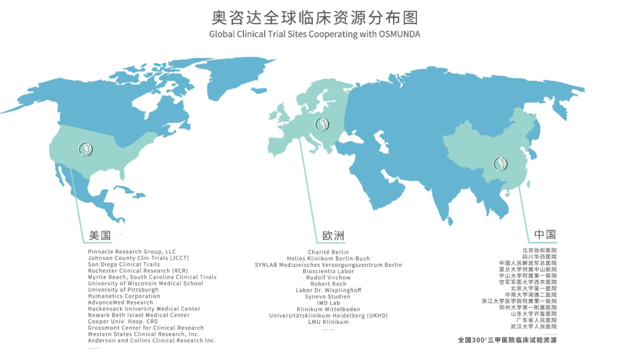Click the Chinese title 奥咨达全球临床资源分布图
coord(314,16)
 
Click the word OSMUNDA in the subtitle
coord(397,34)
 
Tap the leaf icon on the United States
coord(86,149)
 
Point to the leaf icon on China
coord(500,163)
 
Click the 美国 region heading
coord(100,236)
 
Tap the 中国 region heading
coord(545,235)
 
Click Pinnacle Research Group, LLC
coord(132,252)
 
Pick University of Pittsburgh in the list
coord(123,290)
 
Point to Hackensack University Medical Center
coord(144,309)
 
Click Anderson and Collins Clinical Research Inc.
coord(151,340)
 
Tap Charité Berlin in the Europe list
coord(328,252)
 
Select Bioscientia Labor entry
coord(328,271)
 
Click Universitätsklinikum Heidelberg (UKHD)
coord(328,315)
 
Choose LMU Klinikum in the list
coord(328,322)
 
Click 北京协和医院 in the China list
coord(539,250)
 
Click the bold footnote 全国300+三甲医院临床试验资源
coord(507,340)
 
